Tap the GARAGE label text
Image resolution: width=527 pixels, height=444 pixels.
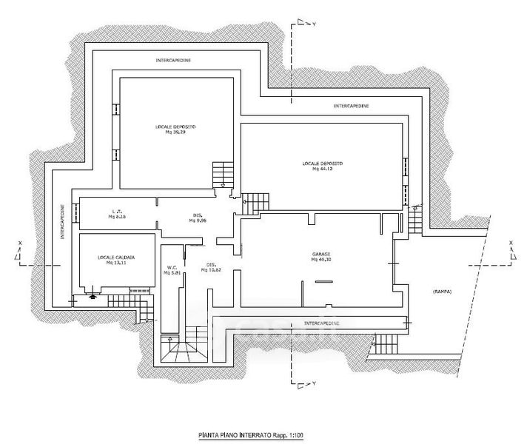(x=320, y=254)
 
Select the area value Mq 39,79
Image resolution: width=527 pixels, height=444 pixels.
(x=175, y=132)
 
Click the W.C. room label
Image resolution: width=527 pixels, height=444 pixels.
(x=171, y=268)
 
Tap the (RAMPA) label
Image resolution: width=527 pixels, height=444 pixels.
(x=442, y=291)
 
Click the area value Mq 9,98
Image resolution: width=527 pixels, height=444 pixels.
(x=197, y=221)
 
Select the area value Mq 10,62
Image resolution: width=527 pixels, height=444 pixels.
(x=212, y=270)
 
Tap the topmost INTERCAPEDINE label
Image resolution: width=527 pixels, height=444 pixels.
(x=175, y=59)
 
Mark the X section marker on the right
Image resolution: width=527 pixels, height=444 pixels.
(x=511, y=243)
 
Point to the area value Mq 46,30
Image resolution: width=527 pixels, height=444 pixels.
(x=320, y=260)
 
